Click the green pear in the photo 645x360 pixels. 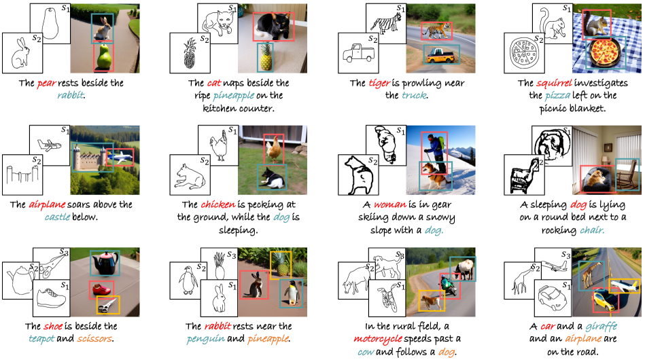[103, 57]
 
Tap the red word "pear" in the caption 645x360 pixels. [46, 84]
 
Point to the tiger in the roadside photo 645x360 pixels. [436, 31]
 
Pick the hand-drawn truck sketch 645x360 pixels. [359, 53]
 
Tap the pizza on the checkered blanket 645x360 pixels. [604, 52]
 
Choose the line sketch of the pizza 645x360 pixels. [524, 52]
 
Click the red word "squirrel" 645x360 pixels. [554, 84]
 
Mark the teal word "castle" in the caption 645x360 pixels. [57, 217]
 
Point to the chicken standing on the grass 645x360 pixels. [273, 149]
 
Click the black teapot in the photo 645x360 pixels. [105, 264]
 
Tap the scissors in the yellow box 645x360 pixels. [108, 305]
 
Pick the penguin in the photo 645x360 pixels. [292, 293]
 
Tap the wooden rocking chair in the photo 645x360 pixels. [627, 175]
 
